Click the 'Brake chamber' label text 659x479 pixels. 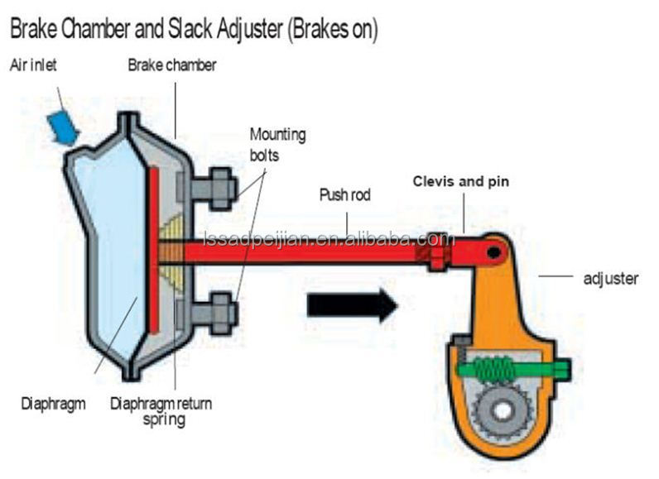(171, 65)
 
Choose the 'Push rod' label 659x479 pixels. (345, 196)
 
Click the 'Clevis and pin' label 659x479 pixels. (461, 181)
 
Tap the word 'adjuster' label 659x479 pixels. (610, 279)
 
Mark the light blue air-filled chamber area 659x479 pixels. (103, 248)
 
